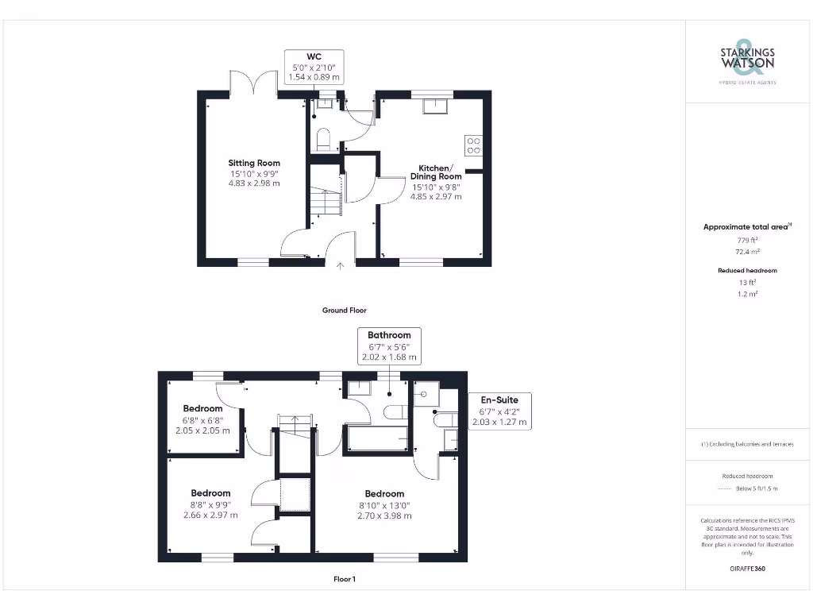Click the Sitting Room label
point(254,173)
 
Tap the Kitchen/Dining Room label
point(435,182)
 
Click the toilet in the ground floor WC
point(322,141)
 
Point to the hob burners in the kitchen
point(473,145)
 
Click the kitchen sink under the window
point(436,106)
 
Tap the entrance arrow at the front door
point(341,268)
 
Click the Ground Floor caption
point(344,311)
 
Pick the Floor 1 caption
point(344,580)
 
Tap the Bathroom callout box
point(389,346)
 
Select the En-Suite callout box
point(499,411)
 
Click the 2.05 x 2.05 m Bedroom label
point(203,419)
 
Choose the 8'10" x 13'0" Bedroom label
point(384,504)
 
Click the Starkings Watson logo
point(747,60)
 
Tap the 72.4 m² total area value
point(746,251)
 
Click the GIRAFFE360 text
point(746,569)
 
